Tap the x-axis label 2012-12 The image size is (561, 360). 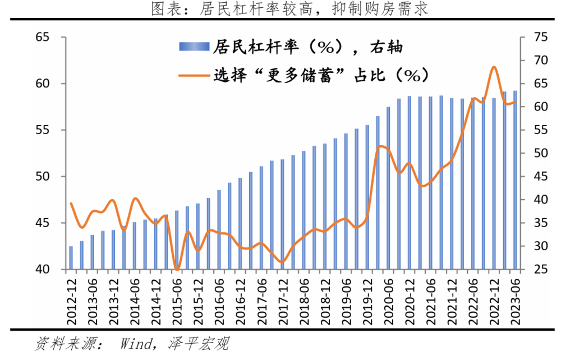coord(71,299)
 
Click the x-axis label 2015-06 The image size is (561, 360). coord(177,299)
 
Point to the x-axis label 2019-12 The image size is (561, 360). coord(367,299)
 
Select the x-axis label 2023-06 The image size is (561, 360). coord(516,299)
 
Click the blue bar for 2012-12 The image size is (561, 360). coord(71,258)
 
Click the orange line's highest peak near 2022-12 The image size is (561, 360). coord(494,67)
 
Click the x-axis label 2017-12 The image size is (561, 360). coord(283,299)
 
